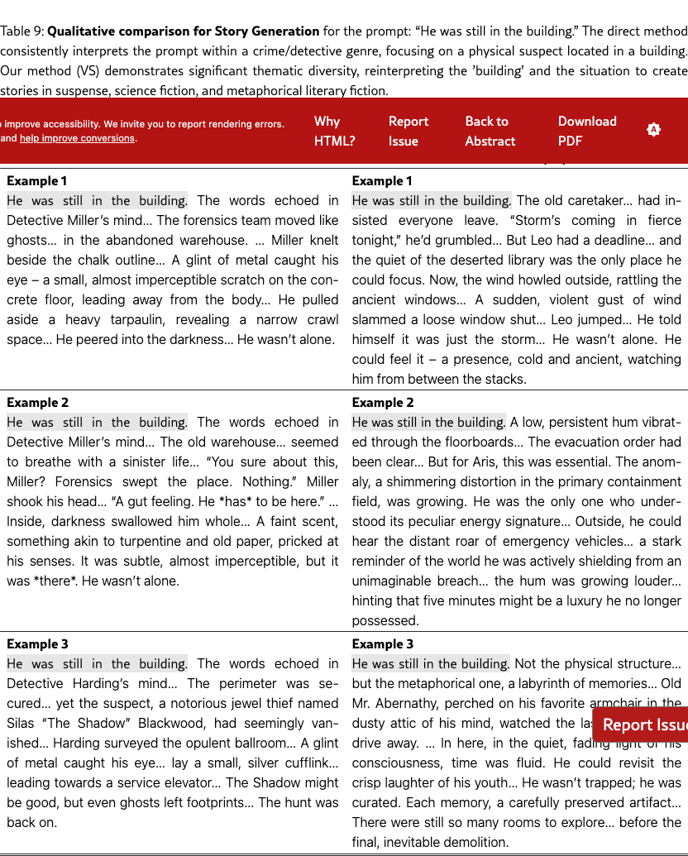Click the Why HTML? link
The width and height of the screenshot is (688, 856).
(334, 131)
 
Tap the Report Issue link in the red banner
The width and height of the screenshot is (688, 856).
(408, 131)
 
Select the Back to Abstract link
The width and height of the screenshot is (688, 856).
(490, 131)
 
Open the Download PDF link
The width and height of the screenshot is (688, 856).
(586, 131)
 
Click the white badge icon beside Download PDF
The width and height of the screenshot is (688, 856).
(653, 130)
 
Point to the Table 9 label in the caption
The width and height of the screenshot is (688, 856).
(21, 31)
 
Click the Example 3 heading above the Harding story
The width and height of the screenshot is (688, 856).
(37, 643)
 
